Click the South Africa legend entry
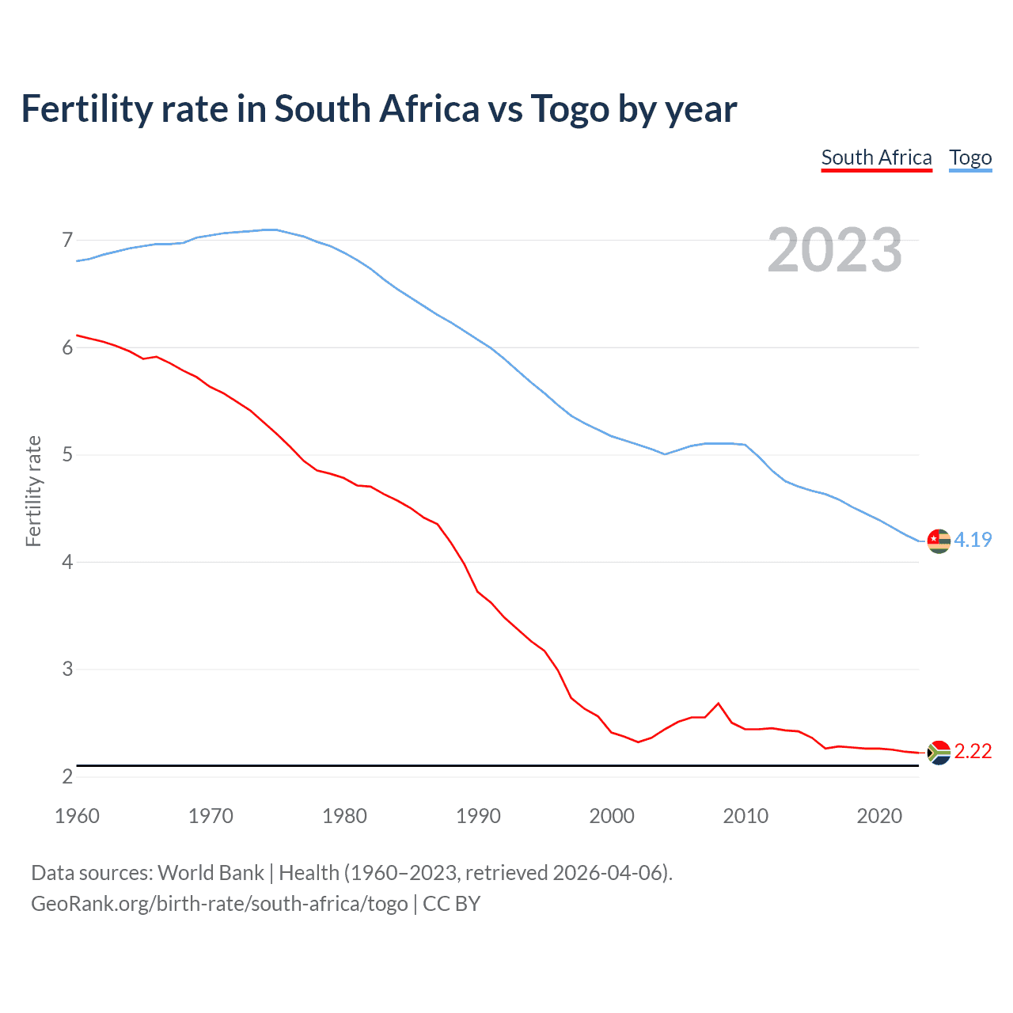876,157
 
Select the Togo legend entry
970,157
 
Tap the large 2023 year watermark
834,250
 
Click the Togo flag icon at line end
939,541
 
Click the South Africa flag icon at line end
939,752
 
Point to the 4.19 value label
973,540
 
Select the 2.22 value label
973,751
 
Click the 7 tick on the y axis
67,240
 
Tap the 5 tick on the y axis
67,455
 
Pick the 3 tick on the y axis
67,670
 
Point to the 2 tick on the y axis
67,776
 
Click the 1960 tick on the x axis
77,816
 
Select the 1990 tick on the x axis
478,816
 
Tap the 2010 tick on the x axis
746,816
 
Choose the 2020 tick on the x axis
879,816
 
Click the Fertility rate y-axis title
33,491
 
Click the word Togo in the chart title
569,109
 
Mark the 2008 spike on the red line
719,703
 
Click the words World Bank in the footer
211,873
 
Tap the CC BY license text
451,904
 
